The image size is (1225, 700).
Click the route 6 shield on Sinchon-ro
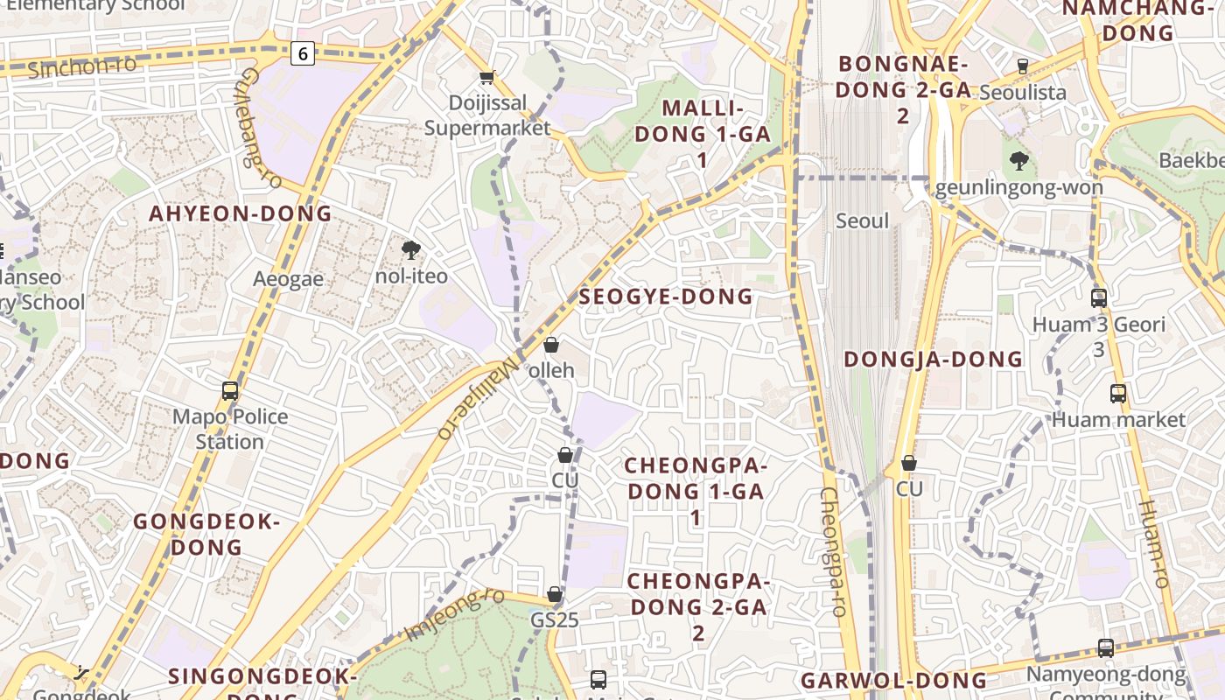tap(303, 54)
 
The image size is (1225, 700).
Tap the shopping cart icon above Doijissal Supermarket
tap(487, 77)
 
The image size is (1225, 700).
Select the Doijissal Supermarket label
tap(487, 115)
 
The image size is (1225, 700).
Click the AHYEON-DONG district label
tap(241, 213)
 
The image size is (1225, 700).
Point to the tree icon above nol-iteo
tap(410, 251)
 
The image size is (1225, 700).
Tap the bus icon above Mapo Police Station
tap(230, 391)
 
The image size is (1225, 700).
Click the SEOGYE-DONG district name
tap(666, 297)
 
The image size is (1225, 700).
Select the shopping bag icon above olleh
tap(551, 345)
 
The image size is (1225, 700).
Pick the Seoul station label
tap(862, 220)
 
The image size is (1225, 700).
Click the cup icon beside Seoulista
tap(1022, 66)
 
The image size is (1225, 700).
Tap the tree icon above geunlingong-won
tap(1018, 161)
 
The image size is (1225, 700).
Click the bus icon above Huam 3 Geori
tap(1099, 297)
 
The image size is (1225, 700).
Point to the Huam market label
tap(1118, 419)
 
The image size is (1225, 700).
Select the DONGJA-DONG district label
tap(934, 359)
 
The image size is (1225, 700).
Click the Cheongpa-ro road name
tap(831, 551)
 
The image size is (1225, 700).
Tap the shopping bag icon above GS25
tap(554, 595)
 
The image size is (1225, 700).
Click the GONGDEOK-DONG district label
tap(206, 535)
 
